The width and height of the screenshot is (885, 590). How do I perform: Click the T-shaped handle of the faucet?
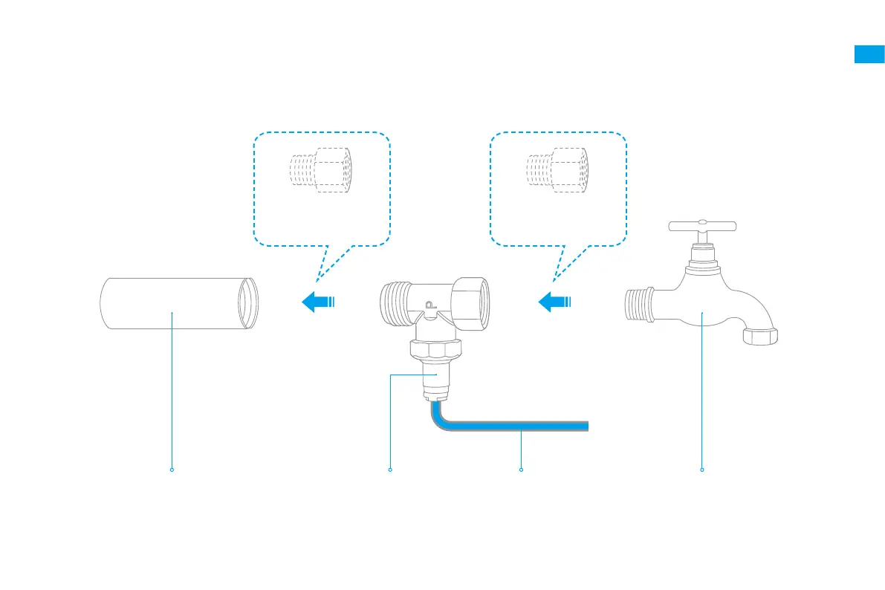702,226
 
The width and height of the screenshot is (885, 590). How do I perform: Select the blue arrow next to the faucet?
554,302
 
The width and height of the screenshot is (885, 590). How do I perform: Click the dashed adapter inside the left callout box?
320,170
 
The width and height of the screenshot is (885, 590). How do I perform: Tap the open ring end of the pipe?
247,302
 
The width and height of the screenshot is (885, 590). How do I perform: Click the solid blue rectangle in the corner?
869,55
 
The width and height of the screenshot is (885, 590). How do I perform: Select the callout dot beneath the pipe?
172,470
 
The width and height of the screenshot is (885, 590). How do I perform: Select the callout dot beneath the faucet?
702,470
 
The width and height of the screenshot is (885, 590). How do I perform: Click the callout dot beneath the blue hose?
521,470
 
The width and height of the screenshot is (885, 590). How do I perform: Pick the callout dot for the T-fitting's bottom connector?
390,470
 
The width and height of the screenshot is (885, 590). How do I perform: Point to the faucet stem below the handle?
702,253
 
